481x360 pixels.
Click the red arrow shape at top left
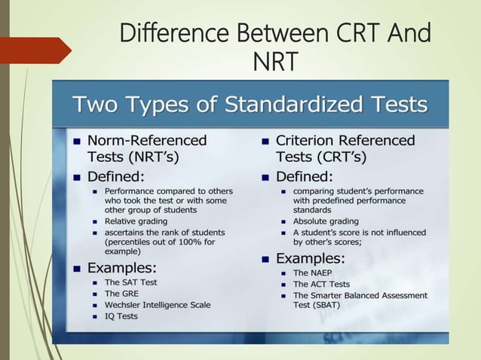[34, 50]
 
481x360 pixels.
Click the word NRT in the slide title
[274, 61]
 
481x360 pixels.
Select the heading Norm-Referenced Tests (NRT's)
[146, 148]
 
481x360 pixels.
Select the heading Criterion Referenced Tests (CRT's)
[345, 148]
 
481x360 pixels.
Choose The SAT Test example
[132, 282]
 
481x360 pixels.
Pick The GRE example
[121, 293]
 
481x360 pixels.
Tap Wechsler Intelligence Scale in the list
[158, 305]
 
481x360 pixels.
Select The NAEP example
[311, 273]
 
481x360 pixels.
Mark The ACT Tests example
[321, 284]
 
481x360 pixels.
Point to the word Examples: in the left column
[122, 267]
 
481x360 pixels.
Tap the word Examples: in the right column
[311, 258]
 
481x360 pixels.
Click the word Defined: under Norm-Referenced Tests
[115, 178]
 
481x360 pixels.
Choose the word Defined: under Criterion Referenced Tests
[304, 178]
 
